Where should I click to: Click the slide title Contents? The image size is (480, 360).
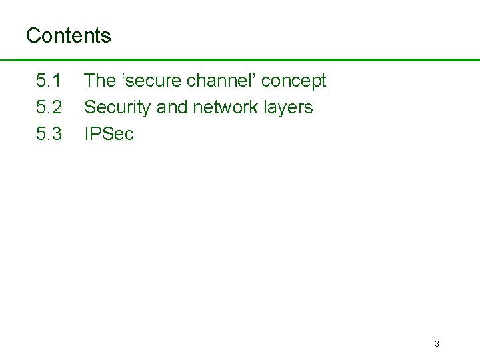click(68, 35)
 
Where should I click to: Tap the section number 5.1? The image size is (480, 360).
click(49, 81)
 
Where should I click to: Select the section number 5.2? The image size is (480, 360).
click(49, 107)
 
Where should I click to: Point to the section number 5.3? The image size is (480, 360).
click(49, 133)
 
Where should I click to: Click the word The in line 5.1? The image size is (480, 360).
click(100, 81)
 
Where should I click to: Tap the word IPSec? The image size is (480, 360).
click(109, 133)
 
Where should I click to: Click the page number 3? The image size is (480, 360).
click(437, 344)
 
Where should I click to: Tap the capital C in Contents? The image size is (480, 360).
click(32, 35)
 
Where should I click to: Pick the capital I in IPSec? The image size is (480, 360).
click(86, 133)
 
